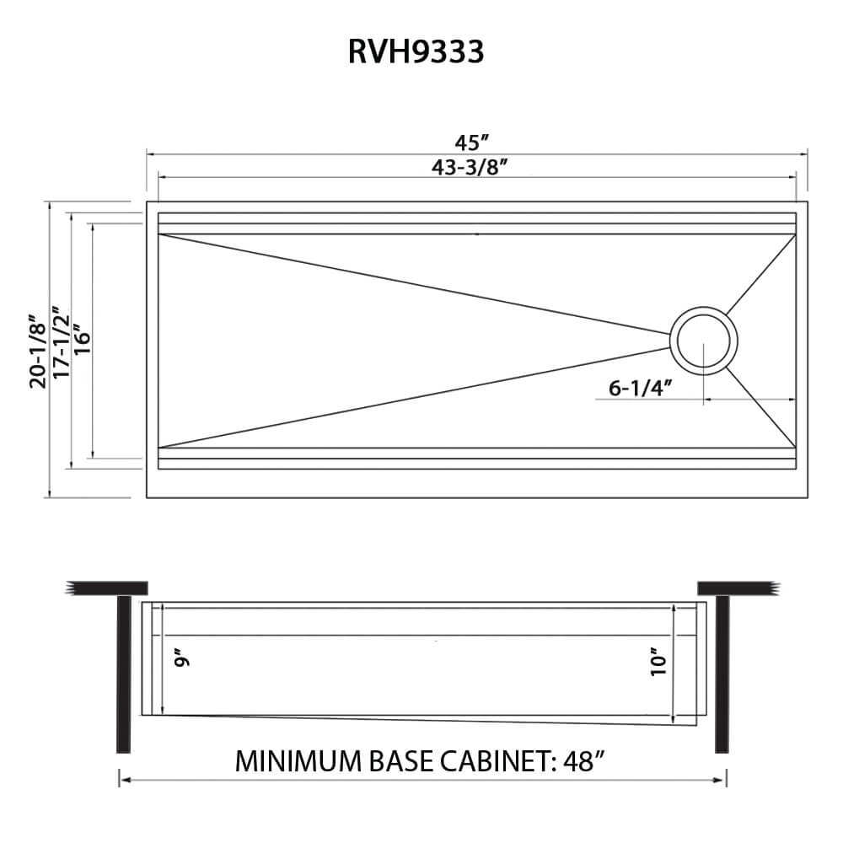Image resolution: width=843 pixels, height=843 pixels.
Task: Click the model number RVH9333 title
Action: click(416, 52)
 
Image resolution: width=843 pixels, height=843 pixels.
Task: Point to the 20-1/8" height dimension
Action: click(38, 348)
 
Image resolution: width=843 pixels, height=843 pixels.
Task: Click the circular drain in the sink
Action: click(703, 341)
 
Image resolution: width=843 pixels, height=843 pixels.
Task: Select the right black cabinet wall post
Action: click(721, 674)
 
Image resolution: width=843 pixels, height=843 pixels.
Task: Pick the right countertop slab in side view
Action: click(735, 588)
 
